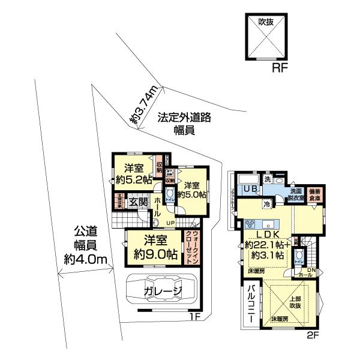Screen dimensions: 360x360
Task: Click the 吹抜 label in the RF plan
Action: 266,21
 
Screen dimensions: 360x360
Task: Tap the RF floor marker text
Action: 280,68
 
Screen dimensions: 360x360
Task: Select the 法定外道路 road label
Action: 184,118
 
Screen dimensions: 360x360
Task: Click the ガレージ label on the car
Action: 163,292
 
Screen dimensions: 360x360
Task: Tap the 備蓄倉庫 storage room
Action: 314,193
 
